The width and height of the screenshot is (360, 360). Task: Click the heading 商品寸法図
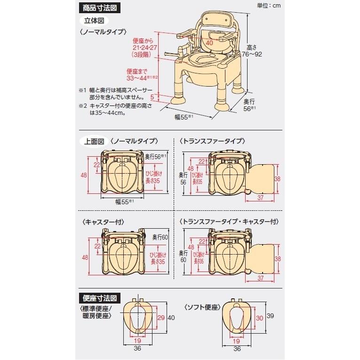(x=98, y=8)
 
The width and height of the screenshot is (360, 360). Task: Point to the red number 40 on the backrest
(x=209, y=43)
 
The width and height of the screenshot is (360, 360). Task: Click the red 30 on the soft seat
(x=259, y=319)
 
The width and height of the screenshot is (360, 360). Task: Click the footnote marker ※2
(x=83, y=106)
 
